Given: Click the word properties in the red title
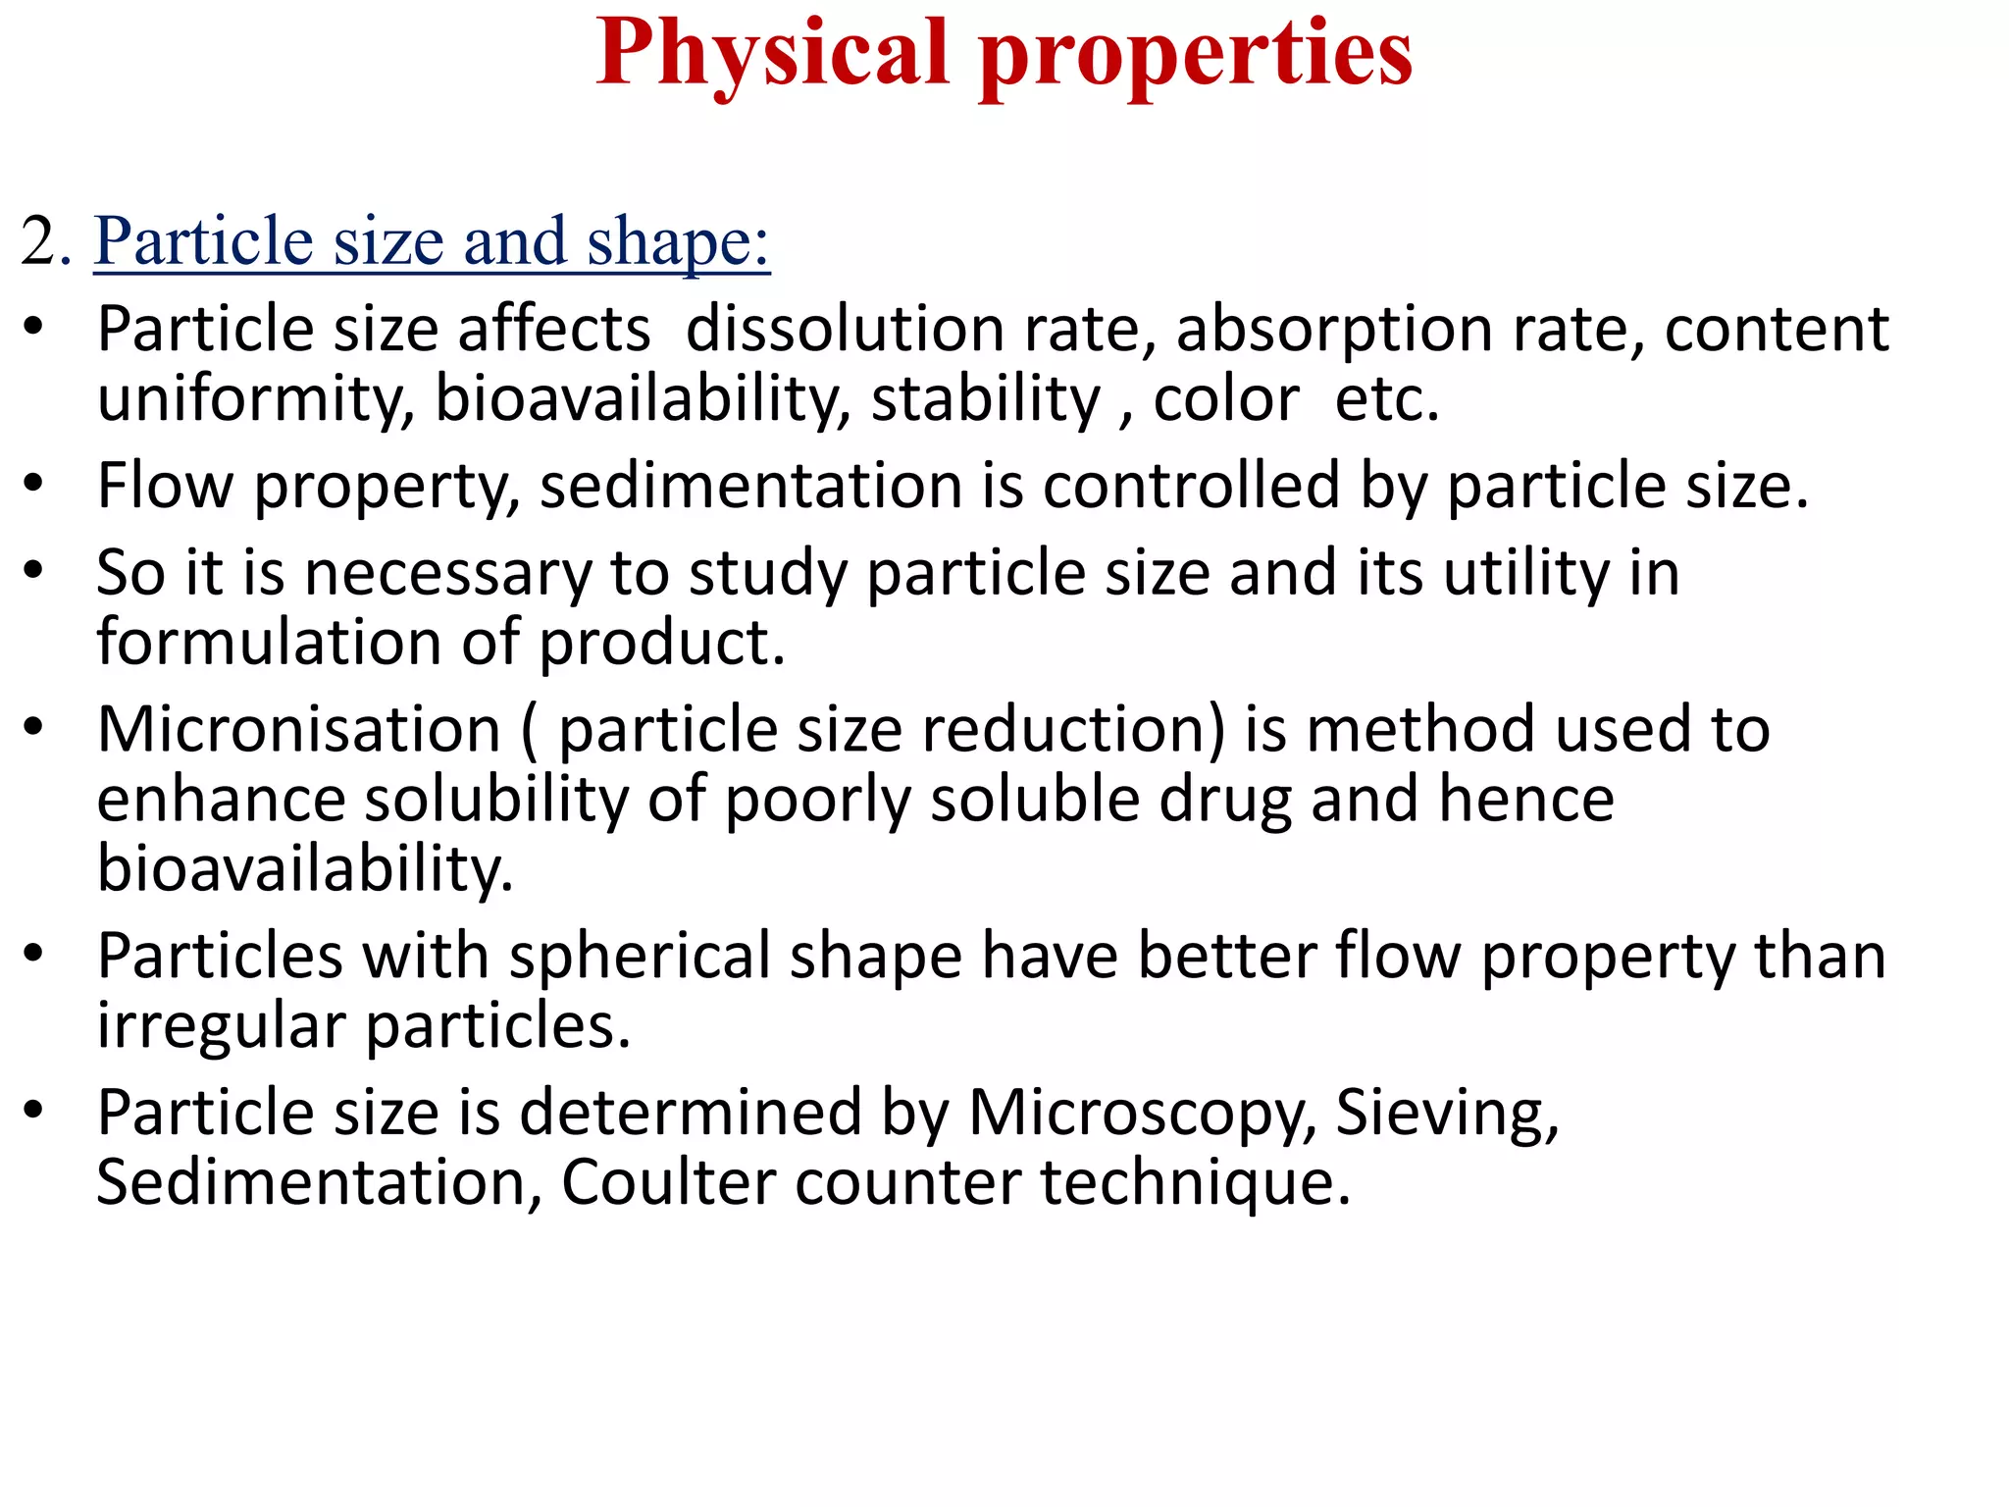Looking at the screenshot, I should tap(1196, 55).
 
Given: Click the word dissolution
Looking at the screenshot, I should tap(845, 329).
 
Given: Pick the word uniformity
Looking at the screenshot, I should tap(255, 400).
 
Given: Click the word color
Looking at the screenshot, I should tap(1226, 400).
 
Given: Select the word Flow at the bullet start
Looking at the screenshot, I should tap(166, 487).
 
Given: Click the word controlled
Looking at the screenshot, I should tap(1190, 487).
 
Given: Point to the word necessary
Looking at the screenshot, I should tap(447, 574).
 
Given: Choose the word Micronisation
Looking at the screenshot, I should tap(299, 731).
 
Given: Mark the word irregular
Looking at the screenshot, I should tap(221, 1028).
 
